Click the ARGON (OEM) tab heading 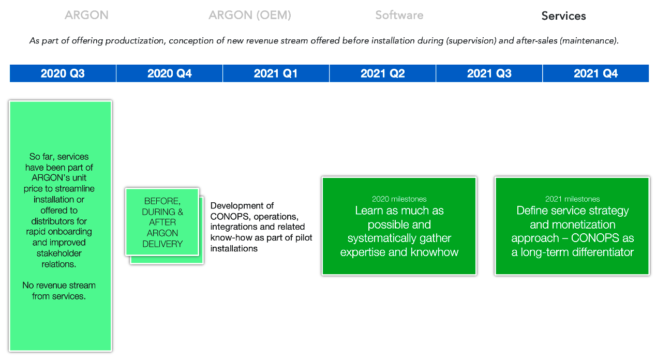(250, 15)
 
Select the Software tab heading (399, 15)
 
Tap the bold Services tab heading (563, 16)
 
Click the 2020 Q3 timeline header (63, 73)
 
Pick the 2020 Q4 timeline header (169, 73)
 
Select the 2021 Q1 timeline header (276, 73)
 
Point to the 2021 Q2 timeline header (382, 73)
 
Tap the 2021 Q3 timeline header (489, 73)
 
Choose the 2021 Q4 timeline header (595, 73)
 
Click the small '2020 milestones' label (399, 199)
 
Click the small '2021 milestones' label (573, 199)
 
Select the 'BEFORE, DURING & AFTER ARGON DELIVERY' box (162, 222)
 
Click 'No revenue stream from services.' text (59, 291)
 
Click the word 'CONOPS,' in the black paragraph (231, 216)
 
